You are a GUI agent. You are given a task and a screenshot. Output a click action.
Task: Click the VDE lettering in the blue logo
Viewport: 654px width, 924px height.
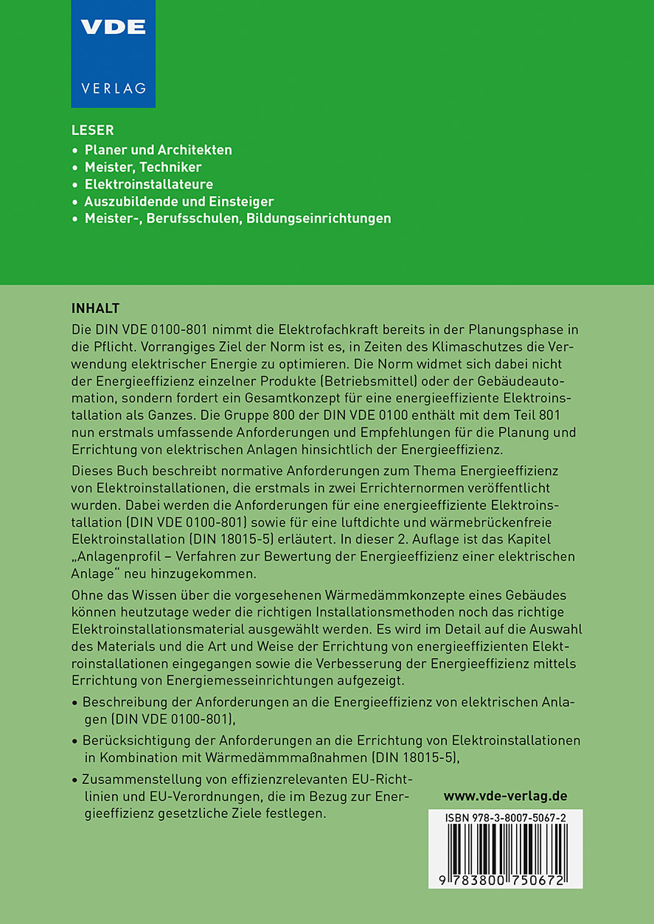click(113, 27)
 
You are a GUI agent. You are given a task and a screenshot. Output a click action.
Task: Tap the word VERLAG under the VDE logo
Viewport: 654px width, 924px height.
click(113, 88)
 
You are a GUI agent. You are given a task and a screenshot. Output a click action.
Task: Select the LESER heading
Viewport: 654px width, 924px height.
click(92, 130)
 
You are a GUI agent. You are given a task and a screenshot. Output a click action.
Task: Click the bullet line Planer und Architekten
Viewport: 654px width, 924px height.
click(158, 150)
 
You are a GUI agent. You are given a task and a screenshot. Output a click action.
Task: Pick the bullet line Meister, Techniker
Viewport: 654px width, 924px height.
click(143, 167)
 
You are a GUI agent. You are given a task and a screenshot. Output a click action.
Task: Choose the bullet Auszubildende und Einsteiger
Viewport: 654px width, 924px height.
click(179, 201)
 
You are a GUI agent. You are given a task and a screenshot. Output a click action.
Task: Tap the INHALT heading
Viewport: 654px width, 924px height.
click(95, 307)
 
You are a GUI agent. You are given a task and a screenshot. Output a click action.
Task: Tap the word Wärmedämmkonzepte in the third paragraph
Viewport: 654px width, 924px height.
click(411, 595)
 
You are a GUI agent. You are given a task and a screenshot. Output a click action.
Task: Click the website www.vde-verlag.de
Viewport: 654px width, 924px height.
click(505, 796)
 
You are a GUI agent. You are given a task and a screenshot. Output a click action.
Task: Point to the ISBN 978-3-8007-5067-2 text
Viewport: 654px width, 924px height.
click(506, 819)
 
